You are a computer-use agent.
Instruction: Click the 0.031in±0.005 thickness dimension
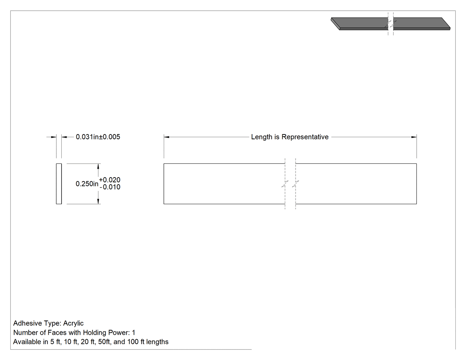(x=98, y=137)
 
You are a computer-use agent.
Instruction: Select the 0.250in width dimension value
(x=87, y=184)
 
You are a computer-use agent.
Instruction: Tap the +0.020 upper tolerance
(x=110, y=180)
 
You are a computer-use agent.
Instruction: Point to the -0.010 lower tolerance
(x=110, y=187)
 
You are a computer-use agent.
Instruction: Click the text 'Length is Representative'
(x=290, y=137)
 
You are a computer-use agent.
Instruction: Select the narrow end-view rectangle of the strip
(x=59, y=184)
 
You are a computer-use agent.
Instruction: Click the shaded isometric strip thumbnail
(x=391, y=24)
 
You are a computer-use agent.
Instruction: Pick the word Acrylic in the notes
(x=73, y=323)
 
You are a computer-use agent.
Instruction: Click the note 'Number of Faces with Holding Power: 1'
(x=74, y=332)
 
